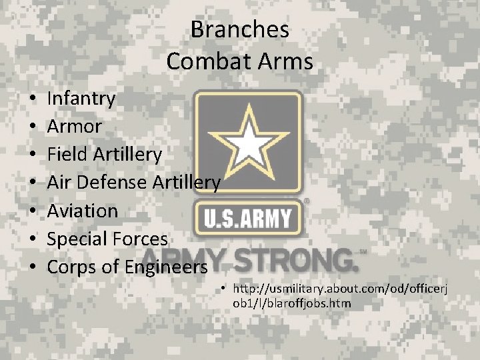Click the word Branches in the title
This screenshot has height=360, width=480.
[x=239, y=29]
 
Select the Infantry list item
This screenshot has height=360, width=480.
[x=81, y=99]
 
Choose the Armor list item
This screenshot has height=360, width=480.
[x=75, y=127]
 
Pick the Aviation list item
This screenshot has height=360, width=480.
[x=83, y=211]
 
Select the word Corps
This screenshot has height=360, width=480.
[x=70, y=267]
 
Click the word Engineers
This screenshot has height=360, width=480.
[x=165, y=267]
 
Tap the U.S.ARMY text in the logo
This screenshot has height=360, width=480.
[x=248, y=219]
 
